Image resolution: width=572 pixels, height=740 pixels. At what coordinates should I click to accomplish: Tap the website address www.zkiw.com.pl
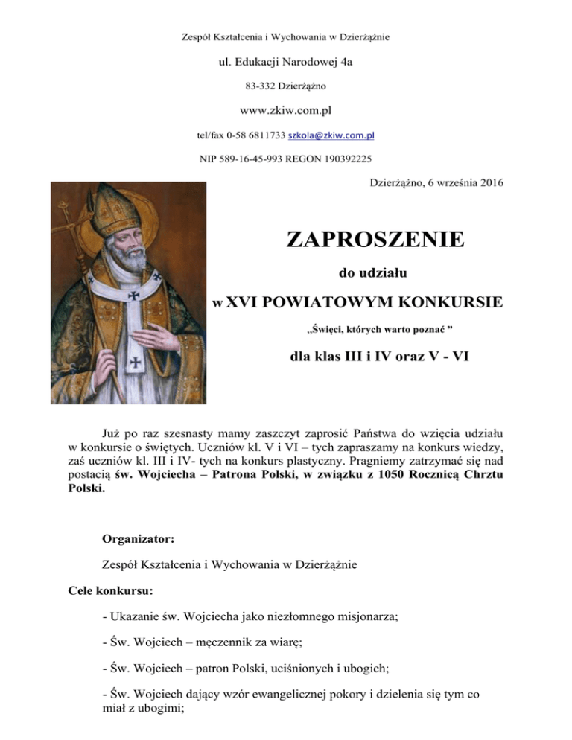coord(286,110)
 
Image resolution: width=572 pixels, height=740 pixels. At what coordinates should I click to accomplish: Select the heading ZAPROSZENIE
coord(375,240)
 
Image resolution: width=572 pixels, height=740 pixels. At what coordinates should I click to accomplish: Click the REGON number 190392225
coord(344,159)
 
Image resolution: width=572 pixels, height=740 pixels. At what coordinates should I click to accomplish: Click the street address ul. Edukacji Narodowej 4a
coord(286,62)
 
